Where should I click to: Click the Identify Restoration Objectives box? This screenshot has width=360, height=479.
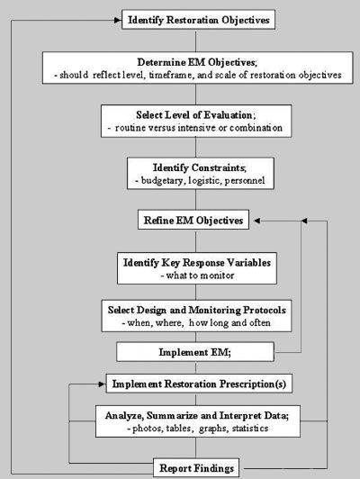(x=199, y=20)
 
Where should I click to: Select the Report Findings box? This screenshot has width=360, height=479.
(x=196, y=467)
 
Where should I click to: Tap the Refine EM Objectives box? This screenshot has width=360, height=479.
(x=193, y=220)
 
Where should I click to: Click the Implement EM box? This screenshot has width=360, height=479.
(x=195, y=352)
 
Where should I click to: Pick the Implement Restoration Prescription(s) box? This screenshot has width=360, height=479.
(x=199, y=384)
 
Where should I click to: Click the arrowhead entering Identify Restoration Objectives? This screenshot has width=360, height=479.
(x=118, y=20)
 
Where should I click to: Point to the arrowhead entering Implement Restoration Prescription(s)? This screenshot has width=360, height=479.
(x=102, y=384)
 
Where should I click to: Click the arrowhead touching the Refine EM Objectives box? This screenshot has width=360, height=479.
(x=257, y=221)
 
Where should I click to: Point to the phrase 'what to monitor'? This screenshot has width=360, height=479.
(x=197, y=276)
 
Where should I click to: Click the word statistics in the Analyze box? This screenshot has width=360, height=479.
(x=250, y=428)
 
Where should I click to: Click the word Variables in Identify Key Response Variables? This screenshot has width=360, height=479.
(x=249, y=263)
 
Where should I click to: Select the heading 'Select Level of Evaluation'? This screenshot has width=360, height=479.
(x=195, y=115)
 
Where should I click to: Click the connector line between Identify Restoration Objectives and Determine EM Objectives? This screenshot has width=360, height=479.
(x=195, y=41)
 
